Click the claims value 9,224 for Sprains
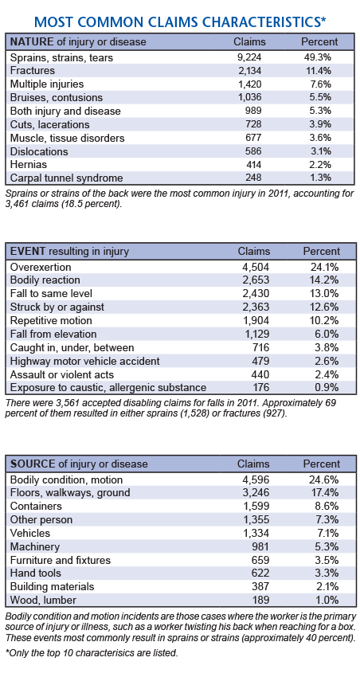pyautogui.click(x=250, y=57)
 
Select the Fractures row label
pyautogui.click(x=33, y=70)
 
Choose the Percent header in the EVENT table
pyautogui.click(x=321, y=251)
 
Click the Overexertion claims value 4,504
pyautogui.click(x=257, y=267)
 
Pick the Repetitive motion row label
pyautogui.click(x=51, y=320)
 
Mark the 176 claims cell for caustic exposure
pyautogui.click(x=261, y=388)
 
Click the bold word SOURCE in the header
pyautogui.click(x=33, y=464)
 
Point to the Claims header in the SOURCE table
pyautogui.click(x=253, y=464)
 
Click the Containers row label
pyautogui.click(x=36, y=507)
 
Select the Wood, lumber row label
pyautogui.click(x=43, y=601)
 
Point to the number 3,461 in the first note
pyautogui.click(x=18, y=204)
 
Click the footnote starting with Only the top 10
pyautogui.click(x=92, y=652)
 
